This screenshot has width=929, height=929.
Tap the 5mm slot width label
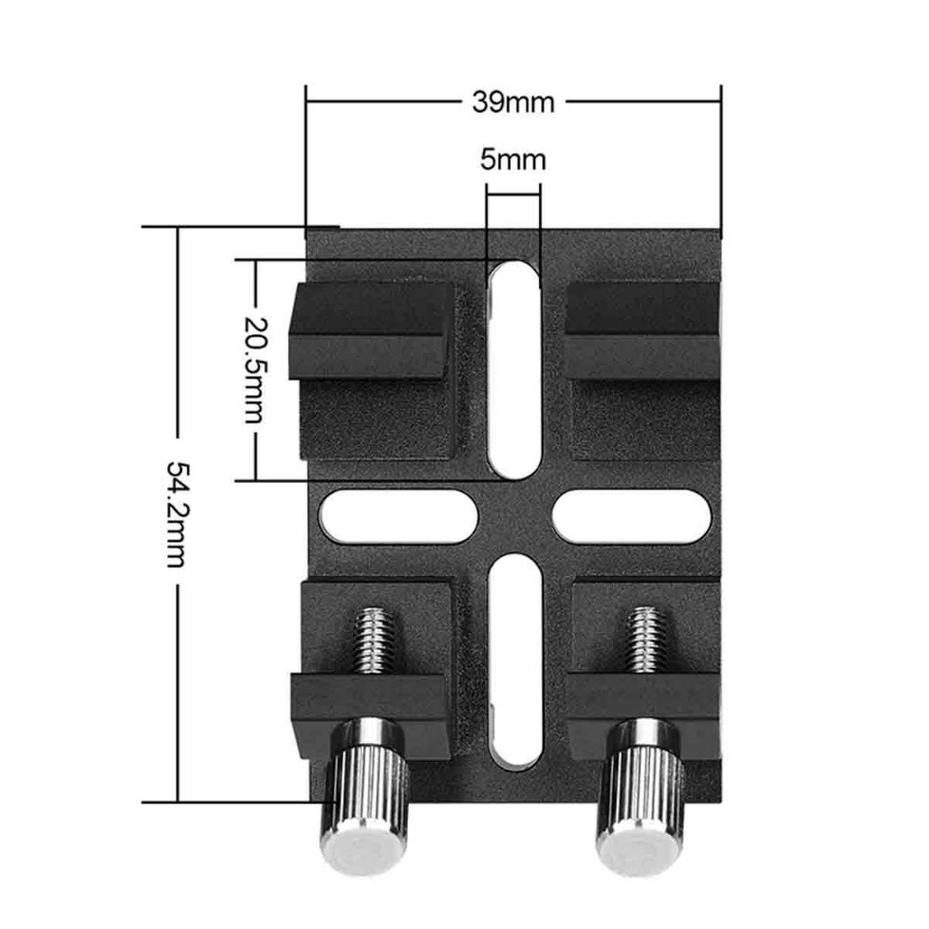(x=513, y=160)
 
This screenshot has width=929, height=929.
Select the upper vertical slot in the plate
(x=513, y=367)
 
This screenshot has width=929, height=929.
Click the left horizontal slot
(x=395, y=516)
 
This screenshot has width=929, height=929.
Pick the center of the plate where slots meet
(x=513, y=516)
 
